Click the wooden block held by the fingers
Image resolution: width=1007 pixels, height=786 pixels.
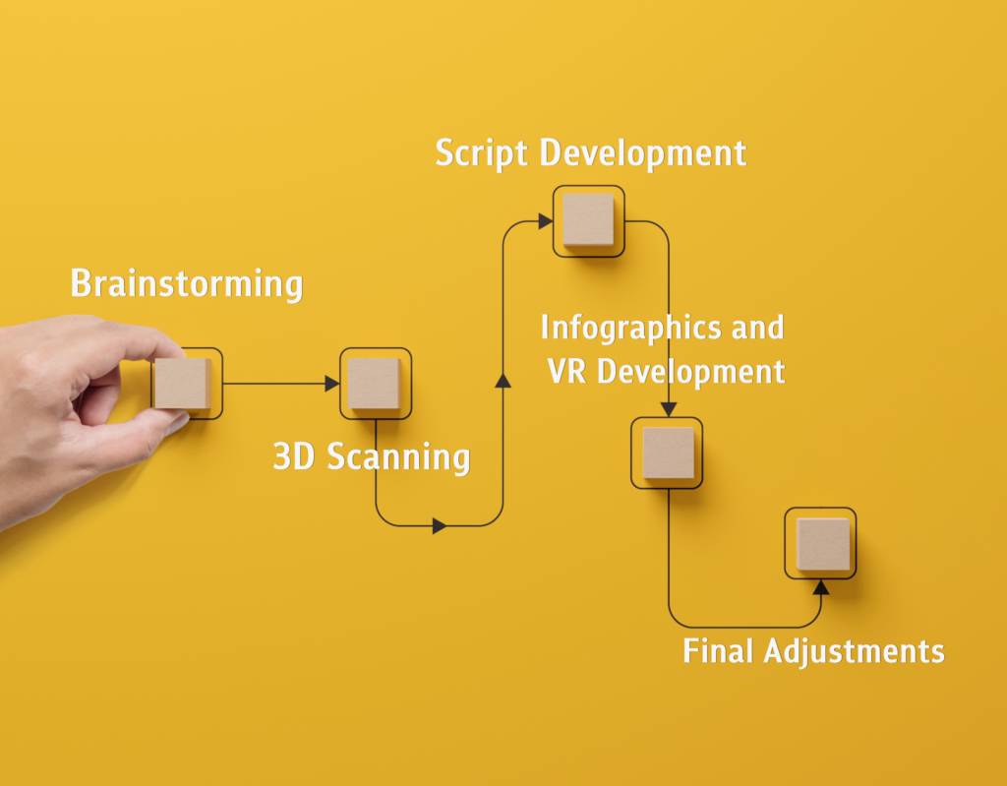pos(183,384)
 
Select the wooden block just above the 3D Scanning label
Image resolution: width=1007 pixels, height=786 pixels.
pos(375,383)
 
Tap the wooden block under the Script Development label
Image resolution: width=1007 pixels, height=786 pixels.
pos(588,220)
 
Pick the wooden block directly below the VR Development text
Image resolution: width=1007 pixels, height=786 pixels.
pos(668,453)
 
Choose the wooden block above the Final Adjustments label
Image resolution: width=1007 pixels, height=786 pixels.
pos(821,543)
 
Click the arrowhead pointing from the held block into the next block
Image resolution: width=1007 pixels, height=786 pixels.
pos(332,384)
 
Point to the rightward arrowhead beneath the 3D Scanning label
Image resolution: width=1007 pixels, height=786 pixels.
pos(440,526)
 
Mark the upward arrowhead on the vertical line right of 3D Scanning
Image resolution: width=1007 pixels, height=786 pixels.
pos(503,381)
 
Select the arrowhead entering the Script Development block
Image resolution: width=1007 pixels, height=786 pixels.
pos(545,221)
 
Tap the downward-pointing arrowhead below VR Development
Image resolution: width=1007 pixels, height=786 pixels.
pos(669,409)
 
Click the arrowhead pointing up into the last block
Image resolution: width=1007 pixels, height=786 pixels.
pos(821,587)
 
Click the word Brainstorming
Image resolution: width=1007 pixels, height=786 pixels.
pos(187,284)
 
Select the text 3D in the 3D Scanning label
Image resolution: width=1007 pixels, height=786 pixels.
pos(293,457)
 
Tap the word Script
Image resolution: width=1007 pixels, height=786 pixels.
pos(481,154)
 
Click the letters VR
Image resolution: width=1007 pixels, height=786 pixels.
pos(567,371)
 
